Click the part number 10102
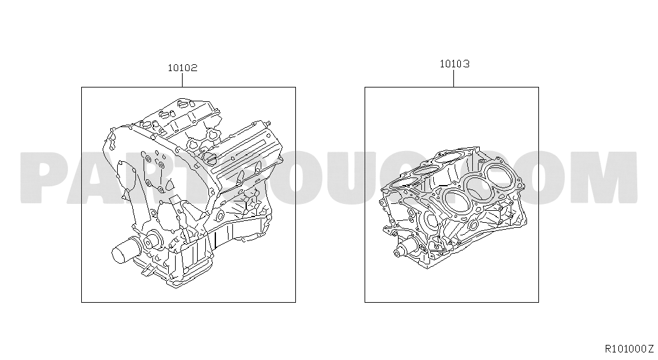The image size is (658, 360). (183, 68)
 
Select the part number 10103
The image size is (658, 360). (455, 64)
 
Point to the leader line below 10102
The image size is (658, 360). (183, 80)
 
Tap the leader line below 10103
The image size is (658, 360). (454, 79)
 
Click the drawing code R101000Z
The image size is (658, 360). (629, 348)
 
